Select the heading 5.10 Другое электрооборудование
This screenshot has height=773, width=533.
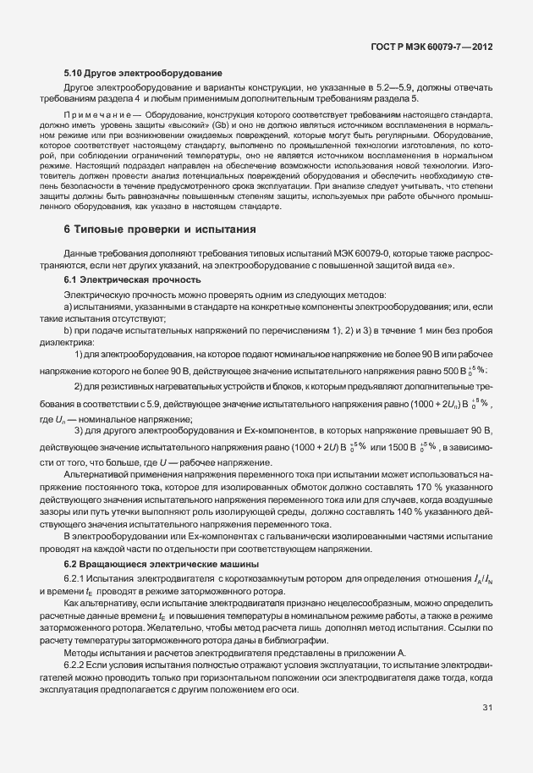pos(143,74)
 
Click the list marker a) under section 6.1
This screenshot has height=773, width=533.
pos(69,306)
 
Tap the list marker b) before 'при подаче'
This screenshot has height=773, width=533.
pos(69,330)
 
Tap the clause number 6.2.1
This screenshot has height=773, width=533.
pos(75,577)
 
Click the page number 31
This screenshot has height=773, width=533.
pos(487,707)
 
